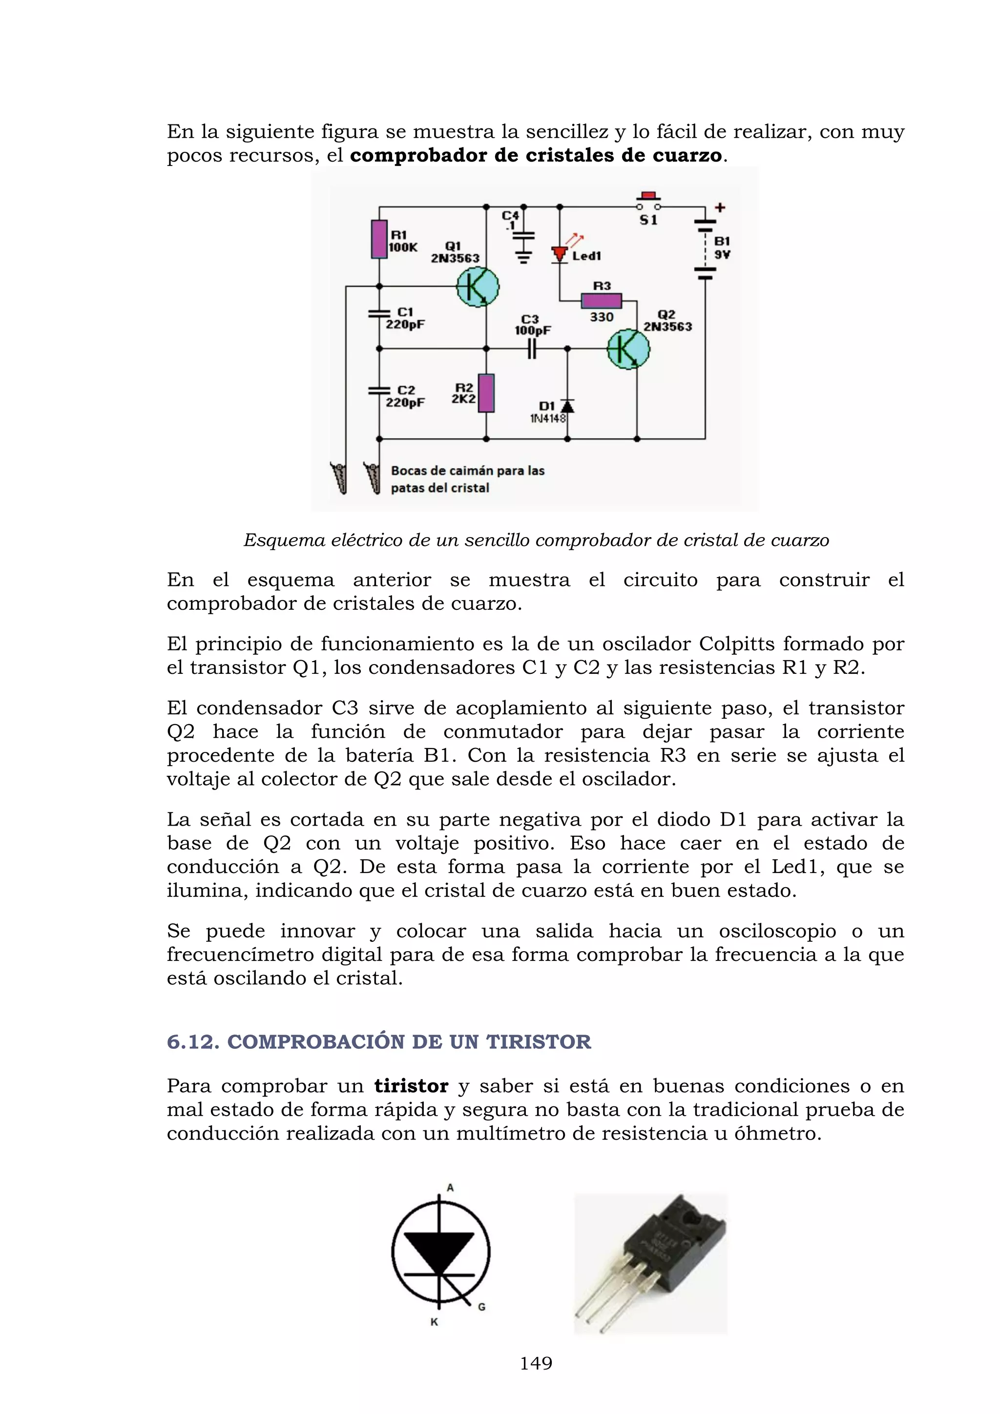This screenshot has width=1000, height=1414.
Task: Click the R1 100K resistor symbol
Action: pyautogui.click(x=379, y=239)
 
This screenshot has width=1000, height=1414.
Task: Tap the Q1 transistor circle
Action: pyautogui.click(x=477, y=287)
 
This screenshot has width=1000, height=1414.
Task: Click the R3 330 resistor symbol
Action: pyautogui.click(x=602, y=301)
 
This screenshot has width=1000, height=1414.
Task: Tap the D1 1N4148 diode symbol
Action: pyautogui.click(x=567, y=406)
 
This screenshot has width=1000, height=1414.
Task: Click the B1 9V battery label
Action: pyautogui.click(x=722, y=248)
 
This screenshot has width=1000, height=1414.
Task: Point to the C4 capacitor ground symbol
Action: pyautogui.click(x=523, y=257)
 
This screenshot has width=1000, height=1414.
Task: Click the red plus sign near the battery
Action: pyautogui.click(x=720, y=208)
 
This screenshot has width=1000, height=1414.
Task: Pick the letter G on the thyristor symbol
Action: pyautogui.click(x=481, y=1307)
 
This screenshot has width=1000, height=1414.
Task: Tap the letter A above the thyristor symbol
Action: pyautogui.click(x=450, y=1188)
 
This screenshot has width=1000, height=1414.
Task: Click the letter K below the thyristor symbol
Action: pyautogui.click(x=434, y=1322)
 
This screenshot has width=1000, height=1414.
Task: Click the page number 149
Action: pyautogui.click(x=536, y=1364)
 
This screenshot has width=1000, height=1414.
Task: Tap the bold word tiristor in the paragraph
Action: pyautogui.click(x=411, y=1086)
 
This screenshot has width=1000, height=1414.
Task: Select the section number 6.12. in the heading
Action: pyautogui.click(x=193, y=1042)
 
